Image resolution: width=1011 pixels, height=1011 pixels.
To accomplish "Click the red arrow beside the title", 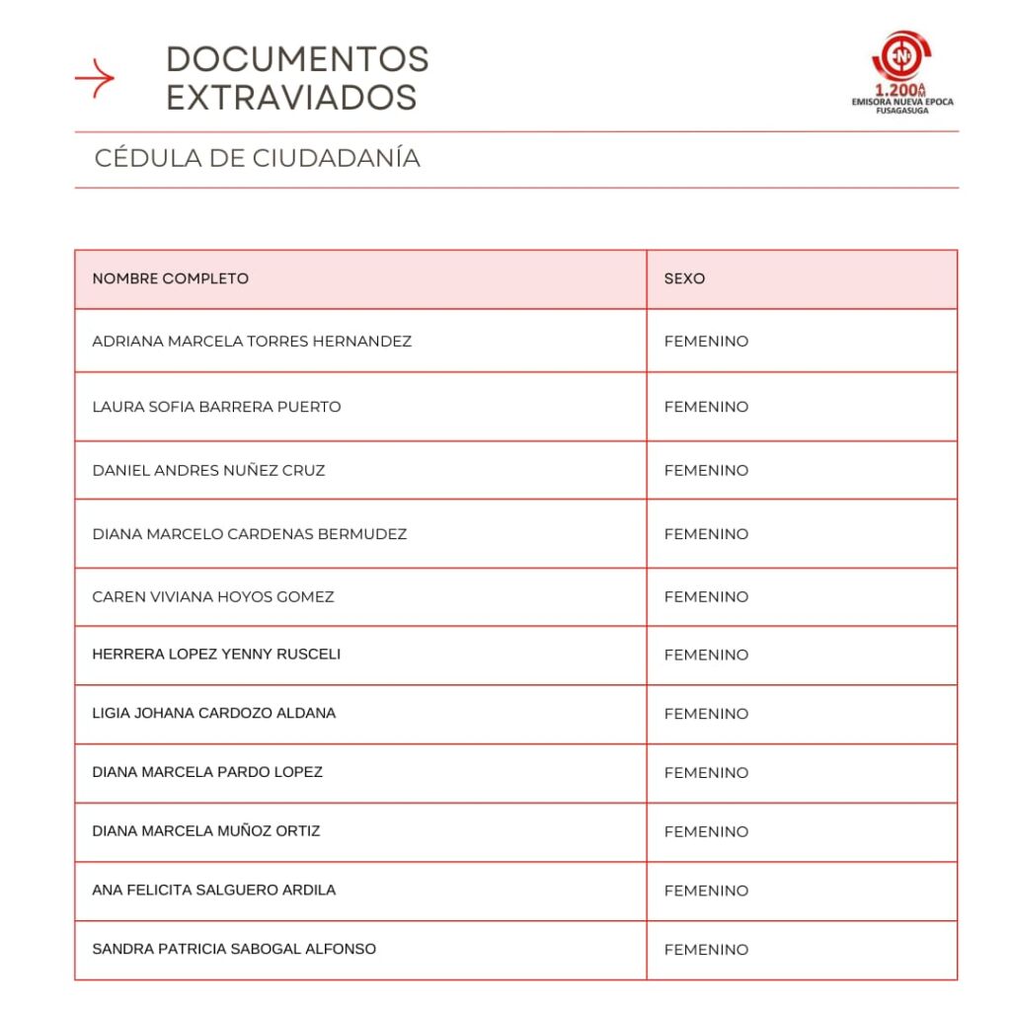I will pos(95,78).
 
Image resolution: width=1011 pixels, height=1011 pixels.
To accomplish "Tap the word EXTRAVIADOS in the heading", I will pos(291,97).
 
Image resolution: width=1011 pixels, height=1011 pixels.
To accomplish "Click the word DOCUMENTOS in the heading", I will pos(297,59).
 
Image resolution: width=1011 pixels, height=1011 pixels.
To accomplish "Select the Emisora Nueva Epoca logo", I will pos(902,72).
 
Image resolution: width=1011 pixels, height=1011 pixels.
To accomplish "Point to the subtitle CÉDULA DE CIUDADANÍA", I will pos(257,158).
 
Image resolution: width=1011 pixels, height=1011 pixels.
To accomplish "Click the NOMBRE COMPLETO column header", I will pos(171,278).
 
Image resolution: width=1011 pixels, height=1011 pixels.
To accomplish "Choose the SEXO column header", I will pos(684,278).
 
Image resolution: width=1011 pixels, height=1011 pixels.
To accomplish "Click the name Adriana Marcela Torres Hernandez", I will pos(252,342).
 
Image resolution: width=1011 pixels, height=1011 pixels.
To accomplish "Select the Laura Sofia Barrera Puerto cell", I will pos(216,407).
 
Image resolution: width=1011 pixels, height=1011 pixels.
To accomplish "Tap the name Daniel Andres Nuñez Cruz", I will pos(208,470).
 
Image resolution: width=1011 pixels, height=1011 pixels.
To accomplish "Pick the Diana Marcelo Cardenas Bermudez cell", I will pos(250,534).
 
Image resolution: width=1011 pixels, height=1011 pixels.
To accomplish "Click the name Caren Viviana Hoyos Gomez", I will pos(213,596).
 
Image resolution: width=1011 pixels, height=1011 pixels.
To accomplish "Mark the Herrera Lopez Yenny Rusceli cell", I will pos(216,654).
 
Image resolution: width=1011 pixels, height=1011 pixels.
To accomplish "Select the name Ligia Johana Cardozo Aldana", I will pos(213,713).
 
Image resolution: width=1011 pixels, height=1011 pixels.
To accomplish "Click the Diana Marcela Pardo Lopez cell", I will pos(207,772).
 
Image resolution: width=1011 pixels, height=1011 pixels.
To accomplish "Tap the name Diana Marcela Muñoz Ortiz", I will pos(206,831).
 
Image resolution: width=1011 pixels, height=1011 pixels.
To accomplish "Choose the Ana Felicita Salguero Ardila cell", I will pos(213,890).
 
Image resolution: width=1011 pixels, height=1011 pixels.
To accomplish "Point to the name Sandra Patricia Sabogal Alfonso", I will pos(234,949).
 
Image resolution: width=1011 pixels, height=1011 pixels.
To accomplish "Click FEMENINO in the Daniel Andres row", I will pos(706,470).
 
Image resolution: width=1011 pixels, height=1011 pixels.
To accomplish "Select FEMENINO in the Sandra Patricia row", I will pos(706,950).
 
